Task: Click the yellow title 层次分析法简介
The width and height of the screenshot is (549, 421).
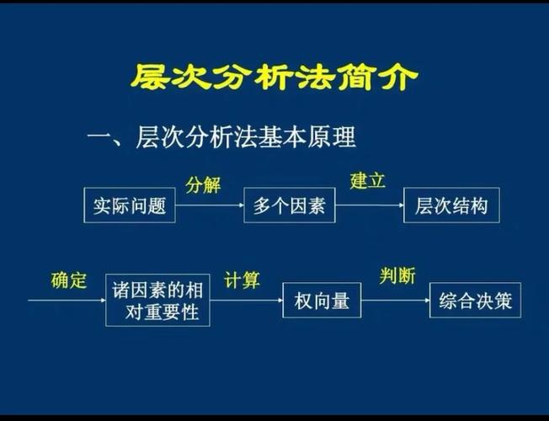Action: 274,77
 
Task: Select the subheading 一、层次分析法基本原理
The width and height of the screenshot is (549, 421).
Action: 221,137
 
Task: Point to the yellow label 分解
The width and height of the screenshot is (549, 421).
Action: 203,184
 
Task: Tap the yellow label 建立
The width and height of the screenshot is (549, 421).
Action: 367,181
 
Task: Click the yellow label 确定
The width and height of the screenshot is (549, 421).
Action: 69,280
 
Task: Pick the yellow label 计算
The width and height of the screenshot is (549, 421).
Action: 242,280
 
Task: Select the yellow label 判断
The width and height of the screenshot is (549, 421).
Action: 397,275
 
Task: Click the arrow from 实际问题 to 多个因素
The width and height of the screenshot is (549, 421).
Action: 210,205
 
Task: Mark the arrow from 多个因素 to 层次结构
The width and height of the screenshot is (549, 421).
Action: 370,205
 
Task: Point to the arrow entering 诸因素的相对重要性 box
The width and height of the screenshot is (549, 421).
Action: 67,300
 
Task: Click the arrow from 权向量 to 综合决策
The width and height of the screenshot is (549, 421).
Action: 396,300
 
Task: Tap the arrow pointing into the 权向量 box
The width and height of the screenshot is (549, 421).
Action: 247,300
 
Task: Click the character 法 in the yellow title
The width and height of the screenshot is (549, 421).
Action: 315,77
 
